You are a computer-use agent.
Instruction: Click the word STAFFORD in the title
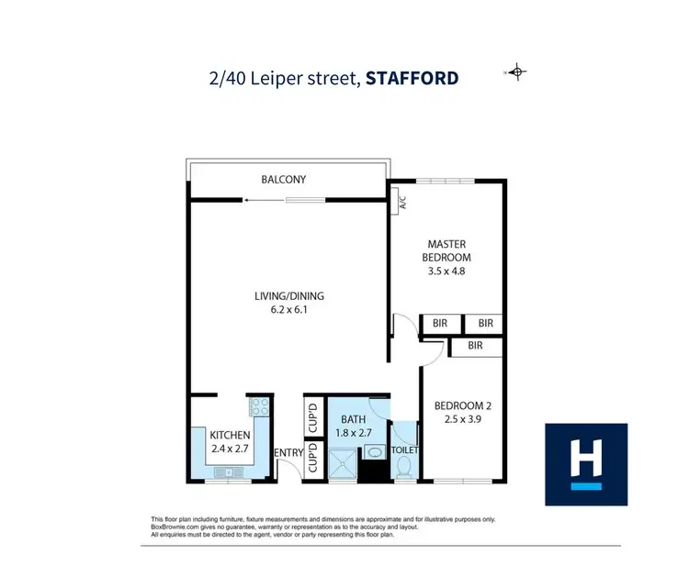click(x=412, y=78)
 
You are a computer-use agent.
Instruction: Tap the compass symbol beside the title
click(x=517, y=72)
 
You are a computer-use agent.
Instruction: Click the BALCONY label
click(x=283, y=180)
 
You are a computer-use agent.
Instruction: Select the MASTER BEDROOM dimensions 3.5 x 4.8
click(x=448, y=272)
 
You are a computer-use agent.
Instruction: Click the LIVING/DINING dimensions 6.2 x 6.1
click(x=289, y=310)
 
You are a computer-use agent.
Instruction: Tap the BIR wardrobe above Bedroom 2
click(x=475, y=346)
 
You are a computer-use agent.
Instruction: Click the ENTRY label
click(x=288, y=452)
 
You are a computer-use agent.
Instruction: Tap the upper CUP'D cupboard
click(x=312, y=417)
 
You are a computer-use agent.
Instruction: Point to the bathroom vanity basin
click(x=374, y=452)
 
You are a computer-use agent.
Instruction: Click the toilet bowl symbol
click(x=405, y=466)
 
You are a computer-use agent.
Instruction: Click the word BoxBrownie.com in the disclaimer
click(x=170, y=527)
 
